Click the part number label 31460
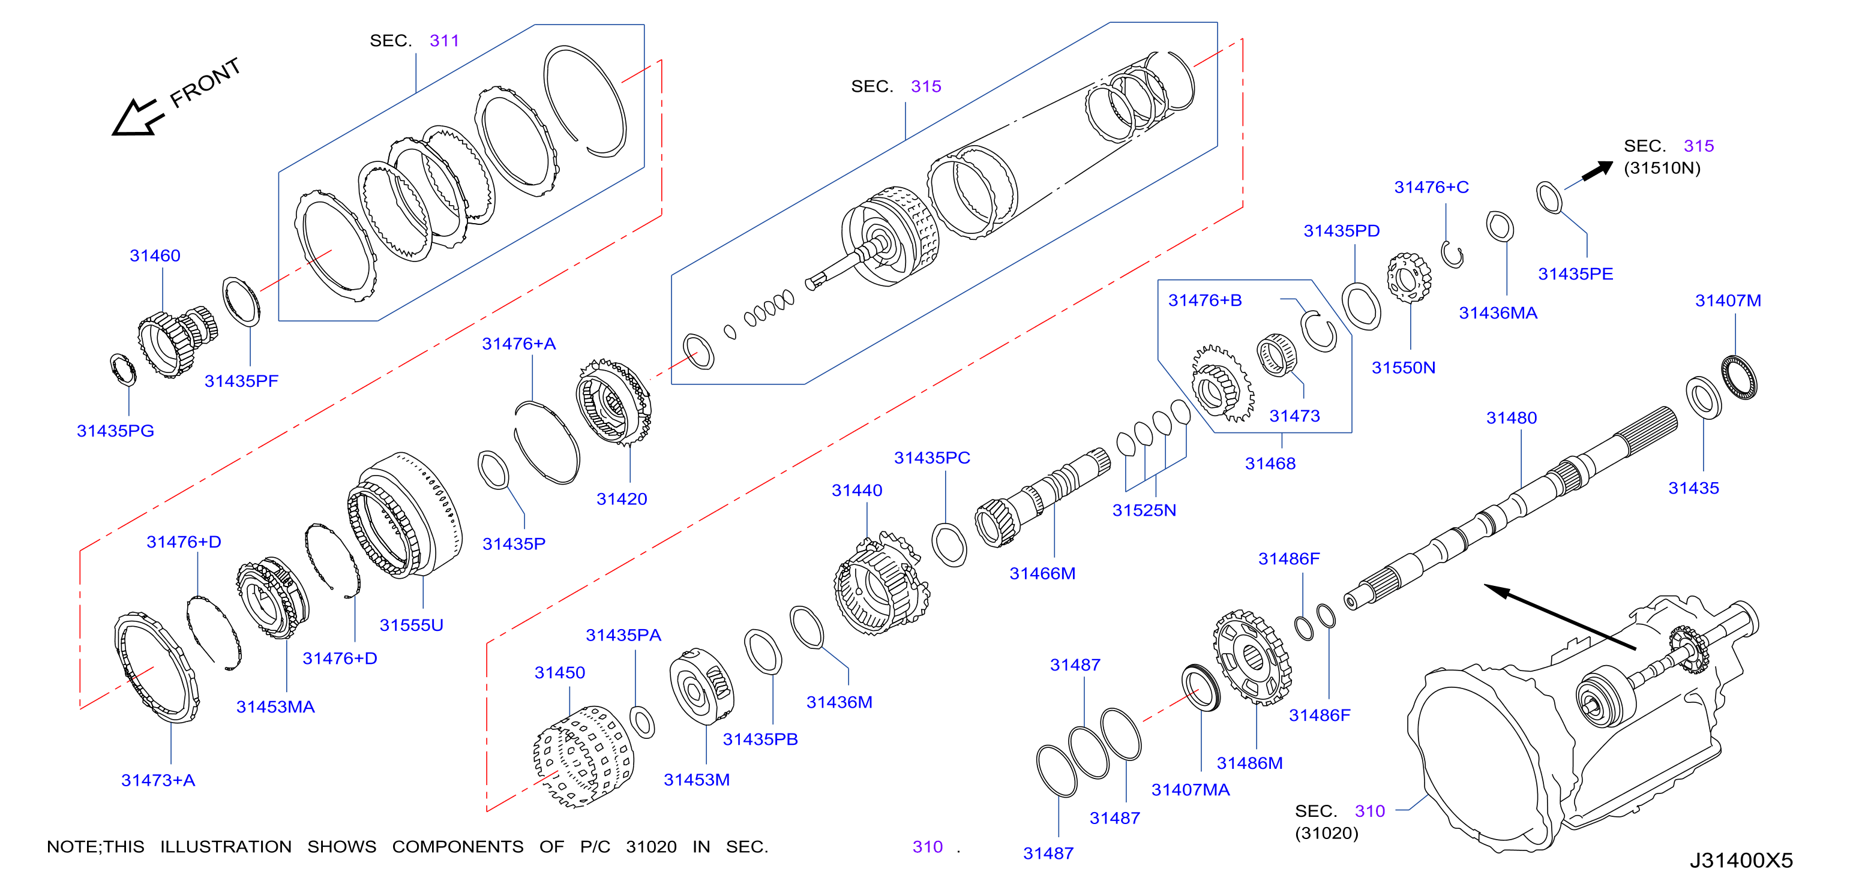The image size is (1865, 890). coord(155,255)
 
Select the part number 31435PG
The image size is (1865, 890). coord(116,431)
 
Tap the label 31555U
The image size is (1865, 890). coord(411,624)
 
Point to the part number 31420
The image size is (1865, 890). coord(622,498)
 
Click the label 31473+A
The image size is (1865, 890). coord(158,780)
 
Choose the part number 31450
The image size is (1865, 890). coord(560,672)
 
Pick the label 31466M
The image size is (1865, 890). coord(1042,573)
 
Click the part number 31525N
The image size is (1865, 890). coord(1144,510)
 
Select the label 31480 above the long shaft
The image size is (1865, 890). coord(1512,417)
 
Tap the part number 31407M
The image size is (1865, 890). coord(1728,300)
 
